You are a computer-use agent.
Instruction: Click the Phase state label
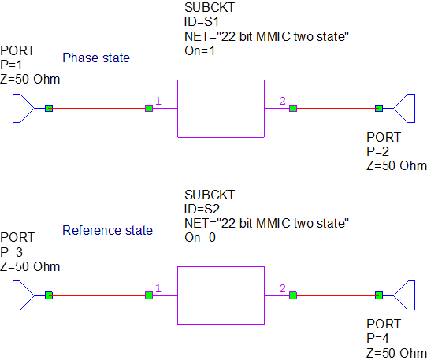pyautogui.click(x=96, y=58)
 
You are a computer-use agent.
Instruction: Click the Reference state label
pyautogui.click(x=107, y=230)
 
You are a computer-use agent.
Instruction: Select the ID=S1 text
pyautogui.click(x=202, y=23)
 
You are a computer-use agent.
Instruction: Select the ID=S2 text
pyautogui.click(x=202, y=209)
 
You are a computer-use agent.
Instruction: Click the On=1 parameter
pyautogui.click(x=200, y=50)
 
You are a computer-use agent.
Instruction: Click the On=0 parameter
pyautogui.click(x=200, y=237)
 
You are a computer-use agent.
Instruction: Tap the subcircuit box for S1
pyautogui.click(x=221, y=108)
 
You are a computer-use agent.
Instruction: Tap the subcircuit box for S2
pyautogui.click(x=221, y=295)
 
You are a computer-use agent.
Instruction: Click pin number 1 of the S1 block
pyautogui.click(x=158, y=101)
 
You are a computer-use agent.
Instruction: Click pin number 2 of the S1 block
pyautogui.click(x=282, y=101)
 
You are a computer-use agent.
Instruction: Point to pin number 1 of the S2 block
pyautogui.click(x=158, y=289)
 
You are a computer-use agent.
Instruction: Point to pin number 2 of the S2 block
pyautogui.click(x=282, y=289)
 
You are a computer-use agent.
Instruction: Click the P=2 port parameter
pyautogui.click(x=378, y=151)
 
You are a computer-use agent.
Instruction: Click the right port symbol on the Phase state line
pyautogui.click(x=404, y=108)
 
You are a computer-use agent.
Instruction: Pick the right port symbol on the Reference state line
pyautogui.click(x=404, y=295)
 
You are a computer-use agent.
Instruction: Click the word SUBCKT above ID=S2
pyautogui.click(x=210, y=195)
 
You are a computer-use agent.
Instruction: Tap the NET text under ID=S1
pyautogui.click(x=266, y=37)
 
